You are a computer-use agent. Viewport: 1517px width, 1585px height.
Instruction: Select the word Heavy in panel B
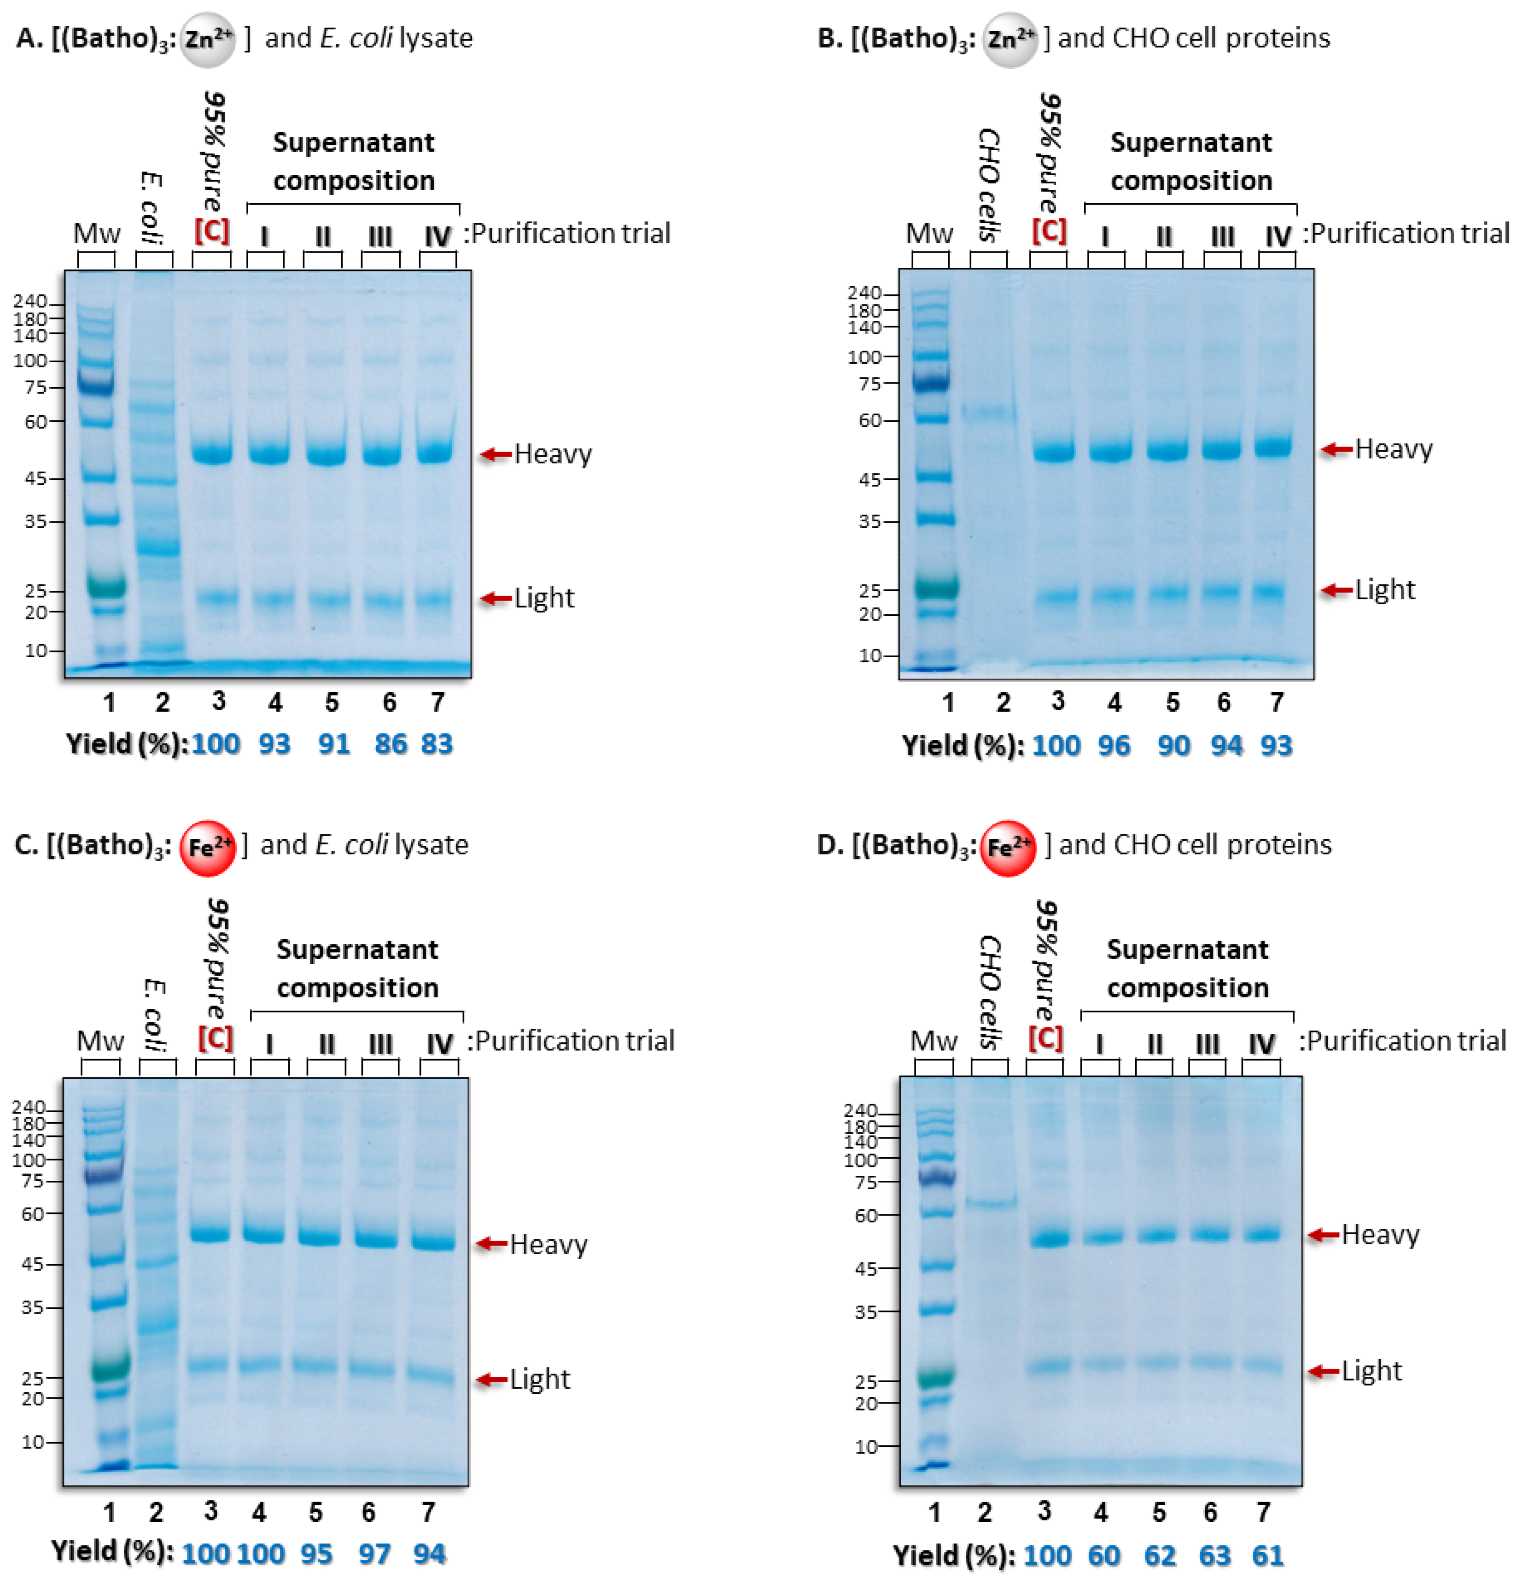1393,449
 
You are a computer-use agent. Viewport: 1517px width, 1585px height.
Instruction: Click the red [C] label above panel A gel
212,231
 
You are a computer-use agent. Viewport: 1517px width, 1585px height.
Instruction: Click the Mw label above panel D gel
934,1041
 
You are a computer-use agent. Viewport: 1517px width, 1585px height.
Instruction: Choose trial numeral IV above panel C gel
440,1044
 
